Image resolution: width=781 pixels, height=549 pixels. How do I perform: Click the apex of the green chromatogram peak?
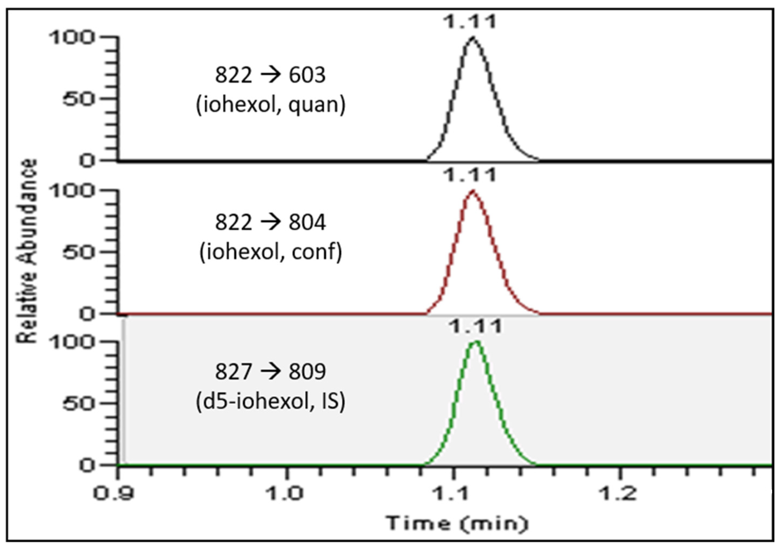[476, 341]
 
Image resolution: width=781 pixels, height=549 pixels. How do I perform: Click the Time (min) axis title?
[457, 524]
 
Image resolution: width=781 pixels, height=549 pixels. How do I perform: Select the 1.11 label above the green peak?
[475, 327]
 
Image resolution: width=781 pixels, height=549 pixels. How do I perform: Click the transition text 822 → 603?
[271, 75]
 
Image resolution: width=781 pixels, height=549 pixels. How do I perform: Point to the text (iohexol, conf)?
[271, 252]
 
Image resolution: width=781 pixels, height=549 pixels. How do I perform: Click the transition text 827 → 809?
[271, 372]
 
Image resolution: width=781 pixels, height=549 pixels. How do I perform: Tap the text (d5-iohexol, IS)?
[271, 401]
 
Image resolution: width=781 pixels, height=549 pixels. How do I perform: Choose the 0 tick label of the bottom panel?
[87, 465]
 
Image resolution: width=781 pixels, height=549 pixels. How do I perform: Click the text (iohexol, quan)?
[271, 104]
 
